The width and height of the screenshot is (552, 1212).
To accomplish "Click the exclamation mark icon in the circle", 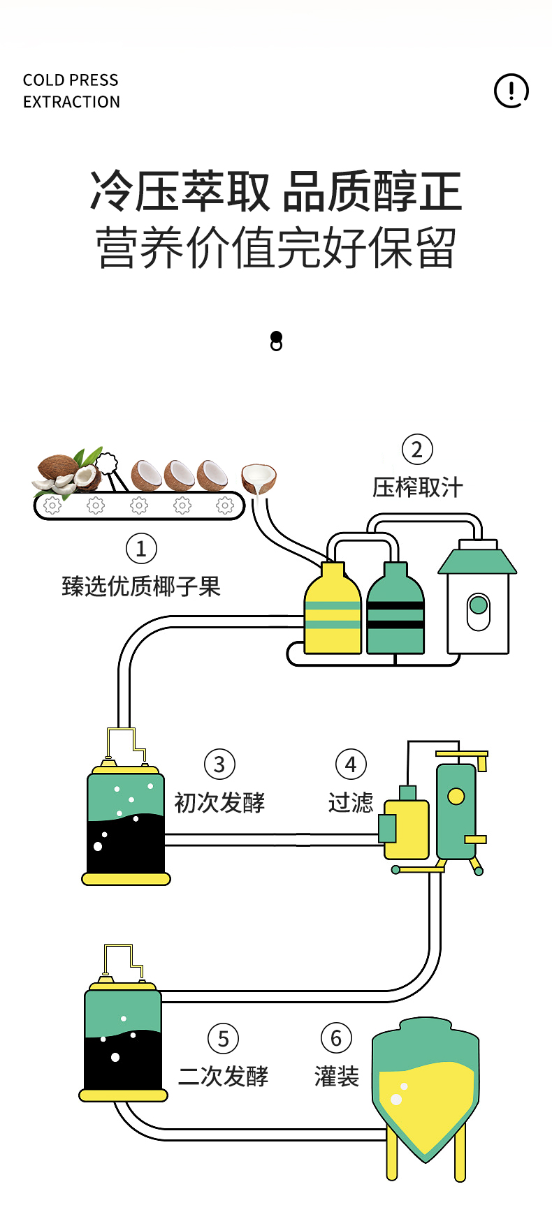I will [511, 91].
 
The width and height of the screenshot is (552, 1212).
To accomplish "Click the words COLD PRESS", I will [71, 80].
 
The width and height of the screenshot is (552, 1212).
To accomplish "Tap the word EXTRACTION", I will [71, 102].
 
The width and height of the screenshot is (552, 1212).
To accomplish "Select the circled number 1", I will [141, 549].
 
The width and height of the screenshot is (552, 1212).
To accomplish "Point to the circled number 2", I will [417, 450].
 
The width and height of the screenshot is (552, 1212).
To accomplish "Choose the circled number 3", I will [219, 764].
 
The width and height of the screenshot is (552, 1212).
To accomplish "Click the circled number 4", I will [351, 764].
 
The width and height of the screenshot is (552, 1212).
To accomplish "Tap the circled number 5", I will [223, 1039].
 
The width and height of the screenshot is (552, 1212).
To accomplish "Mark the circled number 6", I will [336, 1038].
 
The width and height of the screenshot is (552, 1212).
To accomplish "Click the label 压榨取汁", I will [417, 487].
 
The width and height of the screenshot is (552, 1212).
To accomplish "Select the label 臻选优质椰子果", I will [141, 586].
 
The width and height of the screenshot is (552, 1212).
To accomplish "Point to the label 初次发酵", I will [219, 803].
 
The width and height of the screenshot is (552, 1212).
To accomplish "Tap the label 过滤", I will [351, 803].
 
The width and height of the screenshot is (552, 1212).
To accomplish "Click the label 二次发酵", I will [223, 1077].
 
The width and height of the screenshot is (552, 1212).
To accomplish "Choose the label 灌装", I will [336, 1077].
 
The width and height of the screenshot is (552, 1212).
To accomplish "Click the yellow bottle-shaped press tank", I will [333, 611].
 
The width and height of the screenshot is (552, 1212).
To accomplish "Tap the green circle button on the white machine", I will [479, 605].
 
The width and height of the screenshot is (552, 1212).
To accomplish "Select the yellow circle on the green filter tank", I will [456, 796].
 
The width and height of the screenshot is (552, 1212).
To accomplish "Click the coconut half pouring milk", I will [259, 478].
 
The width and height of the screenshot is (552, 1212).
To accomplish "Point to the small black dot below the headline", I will [276, 337].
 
